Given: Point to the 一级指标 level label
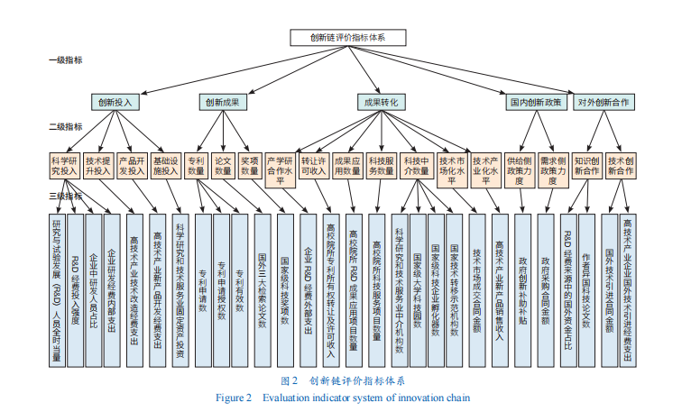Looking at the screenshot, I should tap(65, 60).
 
